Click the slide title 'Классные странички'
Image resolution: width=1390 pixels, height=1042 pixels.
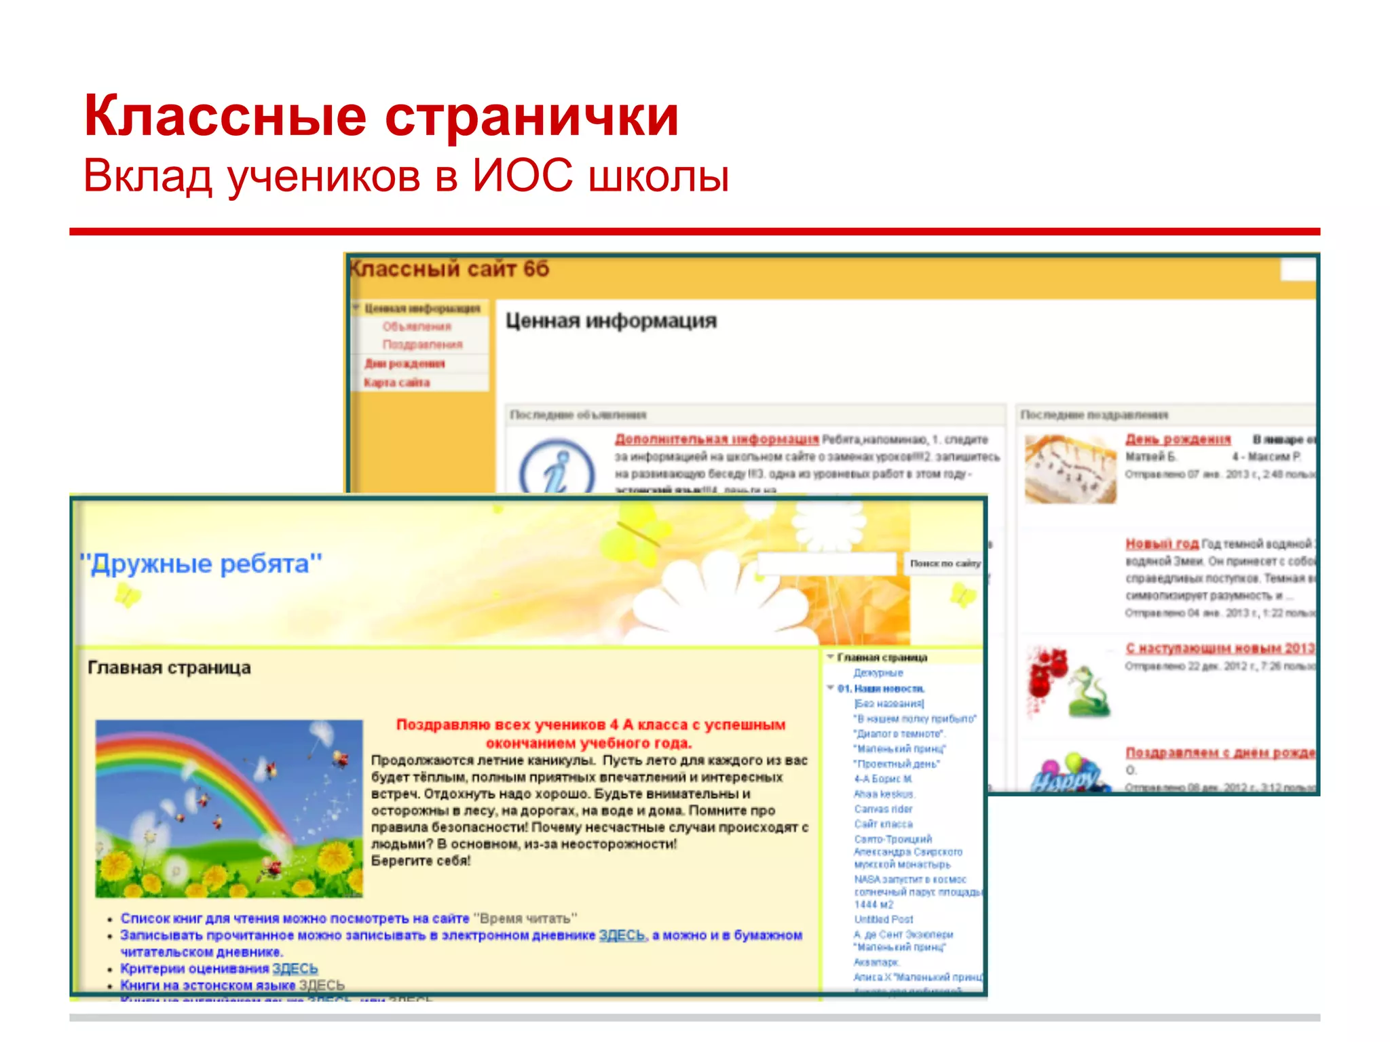click(x=381, y=116)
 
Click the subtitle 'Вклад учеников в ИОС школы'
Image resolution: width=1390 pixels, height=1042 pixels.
click(x=406, y=176)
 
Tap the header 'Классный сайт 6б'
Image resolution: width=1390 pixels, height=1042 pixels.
click(x=449, y=269)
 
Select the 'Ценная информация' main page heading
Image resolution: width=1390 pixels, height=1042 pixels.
click(x=611, y=321)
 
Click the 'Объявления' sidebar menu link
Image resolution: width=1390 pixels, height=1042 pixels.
click(x=417, y=327)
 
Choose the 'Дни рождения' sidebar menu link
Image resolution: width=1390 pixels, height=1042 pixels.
click(x=405, y=364)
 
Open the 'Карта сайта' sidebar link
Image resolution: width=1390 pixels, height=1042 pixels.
click(x=397, y=383)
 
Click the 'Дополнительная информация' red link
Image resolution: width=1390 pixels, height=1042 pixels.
click(x=717, y=439)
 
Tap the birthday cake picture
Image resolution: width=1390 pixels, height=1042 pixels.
click(x=1070, y=468)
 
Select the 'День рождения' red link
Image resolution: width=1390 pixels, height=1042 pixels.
click(x=1178, y=439)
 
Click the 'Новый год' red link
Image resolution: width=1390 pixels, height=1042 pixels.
click(x=1162, y=543)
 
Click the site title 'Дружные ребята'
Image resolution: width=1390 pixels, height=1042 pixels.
click(x=201, y=564)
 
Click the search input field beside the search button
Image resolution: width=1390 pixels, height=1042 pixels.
click(x=827, y=564)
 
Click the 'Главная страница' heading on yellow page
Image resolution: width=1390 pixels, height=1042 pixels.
click(x=169, y=668)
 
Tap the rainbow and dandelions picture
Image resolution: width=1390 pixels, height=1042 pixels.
click(x=229, y=809)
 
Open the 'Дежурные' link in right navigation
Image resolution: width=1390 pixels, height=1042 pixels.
click(x=878, y=673)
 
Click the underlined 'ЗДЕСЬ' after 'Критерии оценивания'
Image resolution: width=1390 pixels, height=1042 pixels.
click(x=295, y=969)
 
